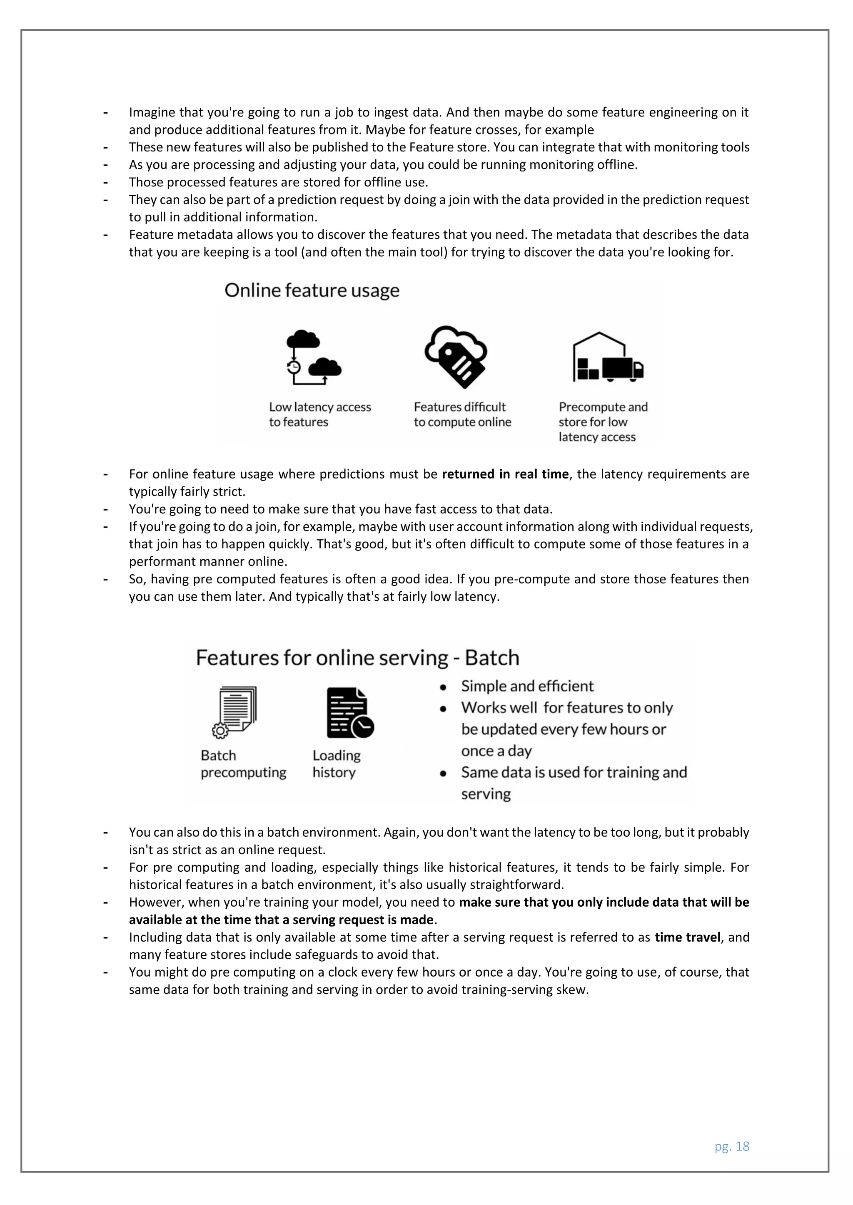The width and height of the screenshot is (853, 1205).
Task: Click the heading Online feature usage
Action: pos(312,290)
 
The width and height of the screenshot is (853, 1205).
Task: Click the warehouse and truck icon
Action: pos(608,357)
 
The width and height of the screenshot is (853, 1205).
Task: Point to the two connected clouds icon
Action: pos(313,357)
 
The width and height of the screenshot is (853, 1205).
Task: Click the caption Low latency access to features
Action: pos(319,414)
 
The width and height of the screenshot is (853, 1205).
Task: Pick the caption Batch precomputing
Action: pos(243,764)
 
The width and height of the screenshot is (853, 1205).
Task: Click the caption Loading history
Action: pos(336,764)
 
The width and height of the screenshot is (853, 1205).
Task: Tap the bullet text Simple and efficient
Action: pos(527,686)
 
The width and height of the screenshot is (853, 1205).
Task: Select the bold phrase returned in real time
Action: pos(505,474)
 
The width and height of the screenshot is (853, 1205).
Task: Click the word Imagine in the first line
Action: pos(152,112)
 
